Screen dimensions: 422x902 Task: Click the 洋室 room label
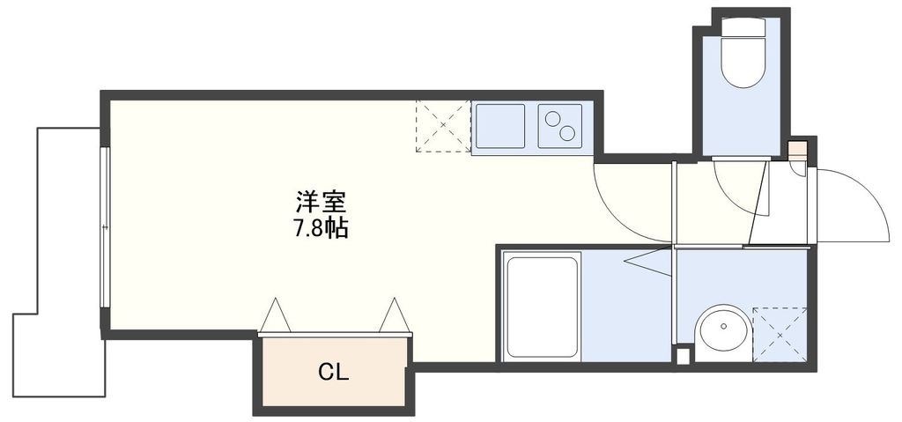tap(314, 201)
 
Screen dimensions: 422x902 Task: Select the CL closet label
tap(333, 372)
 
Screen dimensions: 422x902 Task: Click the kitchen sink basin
tap(499, 127)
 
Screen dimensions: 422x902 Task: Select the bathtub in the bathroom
tap(542, 305)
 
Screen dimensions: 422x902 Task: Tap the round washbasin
tap(722, 333)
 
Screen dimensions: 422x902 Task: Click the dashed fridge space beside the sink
tap(443, 126)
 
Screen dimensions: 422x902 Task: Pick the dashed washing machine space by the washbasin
tap(780, 334)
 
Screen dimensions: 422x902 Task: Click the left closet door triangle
tap(275, 316)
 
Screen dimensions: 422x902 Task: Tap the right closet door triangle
tap(394, 316)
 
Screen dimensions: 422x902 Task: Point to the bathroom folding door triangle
tap(652, 262)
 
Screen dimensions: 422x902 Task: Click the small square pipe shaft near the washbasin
tap(683, 355)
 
